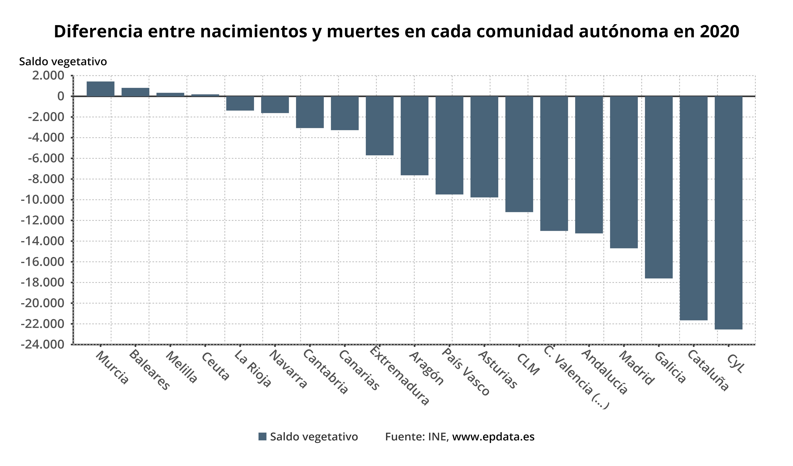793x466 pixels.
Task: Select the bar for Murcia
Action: (x=100, y=89)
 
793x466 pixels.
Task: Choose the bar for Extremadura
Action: (x=379, y=126)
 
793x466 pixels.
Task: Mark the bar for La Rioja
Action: (x=240, y=103)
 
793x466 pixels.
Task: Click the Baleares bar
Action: (x=135, y=92)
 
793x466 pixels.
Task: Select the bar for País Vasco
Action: (x=449, y=145)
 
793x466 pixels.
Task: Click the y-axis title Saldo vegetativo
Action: (x=63, y=61)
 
